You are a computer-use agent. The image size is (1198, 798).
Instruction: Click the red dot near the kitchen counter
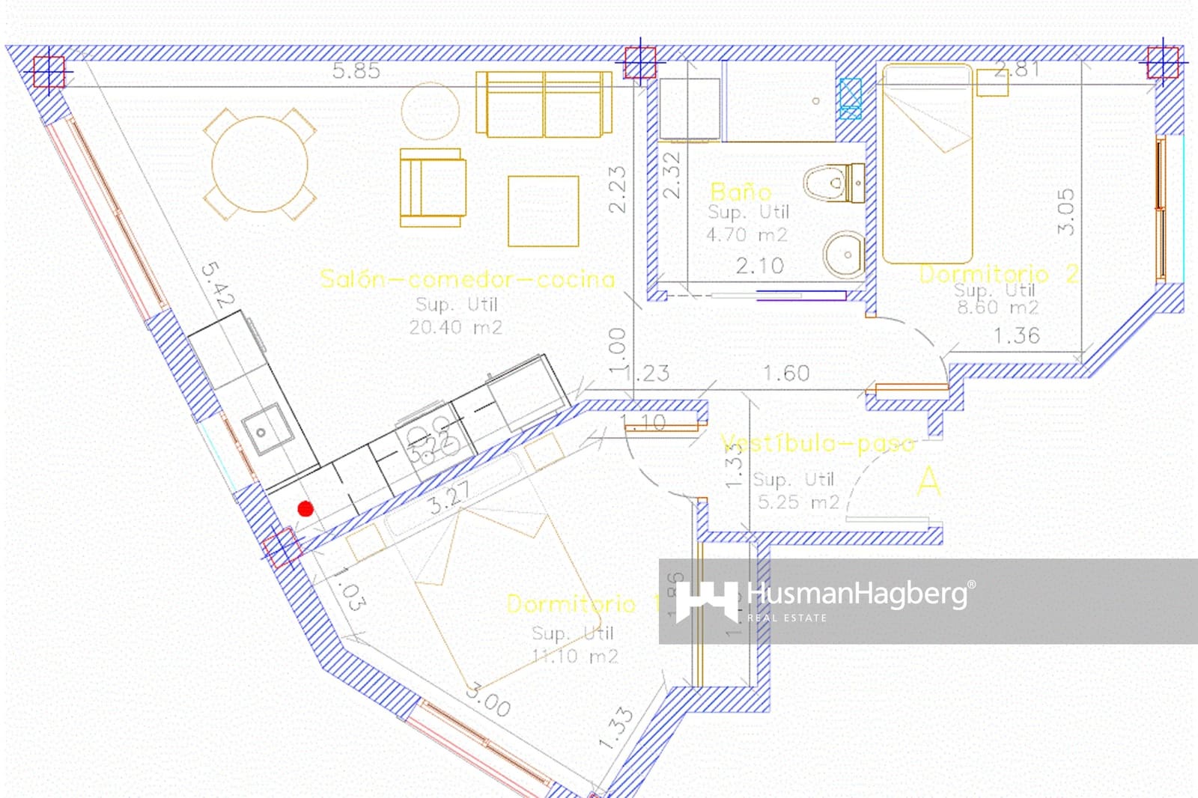click(305, 509)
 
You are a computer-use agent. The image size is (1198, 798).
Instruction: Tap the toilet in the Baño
click(834, 183)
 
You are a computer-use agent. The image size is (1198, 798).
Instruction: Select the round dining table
click(260, 165)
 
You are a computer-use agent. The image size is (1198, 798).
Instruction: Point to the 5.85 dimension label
click(356, 71)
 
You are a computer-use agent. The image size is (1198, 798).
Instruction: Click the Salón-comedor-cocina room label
click(467, 279)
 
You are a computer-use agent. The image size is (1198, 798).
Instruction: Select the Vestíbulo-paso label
click(818, 444)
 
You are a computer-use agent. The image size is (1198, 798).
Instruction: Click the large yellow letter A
click(928, 481)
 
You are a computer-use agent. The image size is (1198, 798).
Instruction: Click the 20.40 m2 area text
click(456, 327)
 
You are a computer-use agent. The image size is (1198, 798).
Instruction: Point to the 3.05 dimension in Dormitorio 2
click(1066, 211)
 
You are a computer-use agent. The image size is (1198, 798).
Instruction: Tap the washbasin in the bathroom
click(845, 255)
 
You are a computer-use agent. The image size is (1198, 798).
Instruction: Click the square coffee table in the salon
click(543, 211)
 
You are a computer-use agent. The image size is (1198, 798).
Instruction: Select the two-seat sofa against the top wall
click(544, 105)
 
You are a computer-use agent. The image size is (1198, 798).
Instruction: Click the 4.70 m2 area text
click(747, 235)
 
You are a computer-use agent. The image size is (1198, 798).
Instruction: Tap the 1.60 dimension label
click(786, 373)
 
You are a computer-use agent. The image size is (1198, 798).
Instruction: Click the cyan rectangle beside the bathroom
click(851, 99)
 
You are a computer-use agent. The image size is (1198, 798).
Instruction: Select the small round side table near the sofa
click(430, 111)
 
